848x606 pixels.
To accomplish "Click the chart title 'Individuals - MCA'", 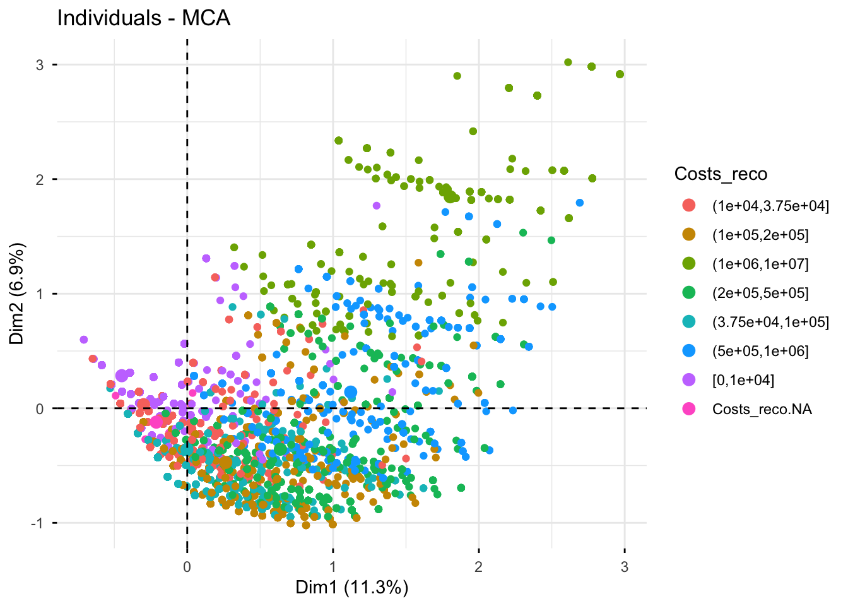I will (144, 18).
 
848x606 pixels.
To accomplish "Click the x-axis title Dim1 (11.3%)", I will (352, 588).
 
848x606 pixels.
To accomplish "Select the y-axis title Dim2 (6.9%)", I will (17, 294).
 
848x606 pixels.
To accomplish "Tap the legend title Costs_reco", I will (721, 174).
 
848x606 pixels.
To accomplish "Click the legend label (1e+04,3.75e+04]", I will (770, 206).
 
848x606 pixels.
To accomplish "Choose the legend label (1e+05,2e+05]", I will (760, 235).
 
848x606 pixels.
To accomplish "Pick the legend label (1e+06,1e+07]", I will (760, 264).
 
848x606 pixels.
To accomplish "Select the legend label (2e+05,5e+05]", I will (760, 293).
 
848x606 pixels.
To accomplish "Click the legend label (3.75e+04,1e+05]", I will (770, 322).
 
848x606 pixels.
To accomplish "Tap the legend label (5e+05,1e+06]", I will (760, 351).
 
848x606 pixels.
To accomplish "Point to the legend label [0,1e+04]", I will (743, 380).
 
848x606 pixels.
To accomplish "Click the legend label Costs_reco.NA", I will (762, 409).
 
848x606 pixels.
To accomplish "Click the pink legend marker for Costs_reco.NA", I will (689, 409).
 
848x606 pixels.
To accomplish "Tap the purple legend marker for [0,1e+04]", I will (689, 380).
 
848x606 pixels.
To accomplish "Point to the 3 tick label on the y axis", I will (39, 64).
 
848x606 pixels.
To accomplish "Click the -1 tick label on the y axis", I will (37, 523).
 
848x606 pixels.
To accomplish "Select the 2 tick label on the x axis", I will (479, 567).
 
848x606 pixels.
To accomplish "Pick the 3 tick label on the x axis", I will (625, 567).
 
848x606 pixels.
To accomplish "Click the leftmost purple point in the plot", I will (84, 340).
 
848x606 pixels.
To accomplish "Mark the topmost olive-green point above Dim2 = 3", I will (568, 62).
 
